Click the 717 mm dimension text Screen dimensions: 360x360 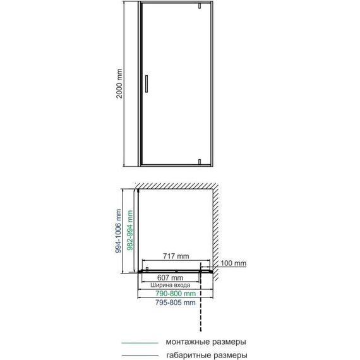[x=172, y=257]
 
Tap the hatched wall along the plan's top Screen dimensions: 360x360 [x=177, y=185]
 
